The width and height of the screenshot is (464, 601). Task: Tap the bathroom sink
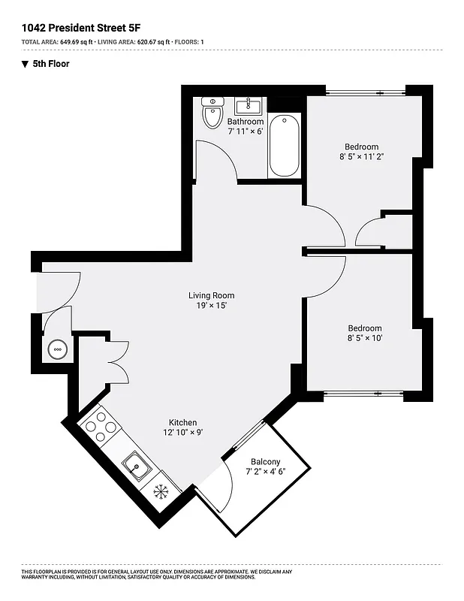tap(247, 106)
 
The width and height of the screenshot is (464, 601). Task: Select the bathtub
tap(284, 144)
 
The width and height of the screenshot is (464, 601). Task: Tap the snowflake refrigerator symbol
tap(161, 492)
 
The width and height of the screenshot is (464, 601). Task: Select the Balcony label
tap(266, 461)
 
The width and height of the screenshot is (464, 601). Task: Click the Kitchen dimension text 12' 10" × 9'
tap(183, 433)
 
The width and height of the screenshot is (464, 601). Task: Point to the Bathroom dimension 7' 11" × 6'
tap(246, 131)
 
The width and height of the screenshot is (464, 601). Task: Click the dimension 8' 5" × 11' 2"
tap(361, 158)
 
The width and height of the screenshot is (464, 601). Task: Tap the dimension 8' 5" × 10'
tap(364, 339)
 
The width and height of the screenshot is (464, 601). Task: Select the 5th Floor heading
tap(51, 64)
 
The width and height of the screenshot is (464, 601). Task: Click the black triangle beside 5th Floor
tap(26, 64)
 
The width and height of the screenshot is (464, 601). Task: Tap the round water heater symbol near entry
tap(57, 349)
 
